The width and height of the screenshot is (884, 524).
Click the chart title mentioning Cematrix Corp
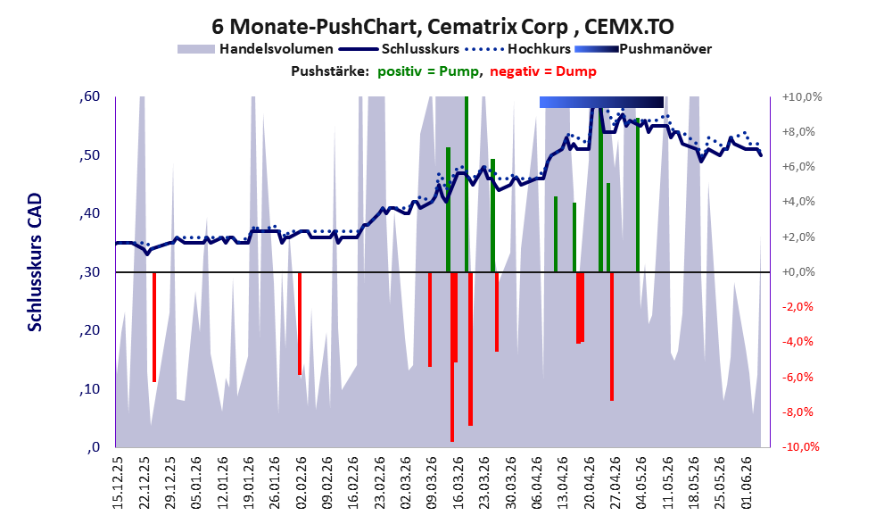pyautogui.click(x=442, y=26)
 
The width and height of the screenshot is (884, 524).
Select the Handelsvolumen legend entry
pyautogui.click(x=255, y=49)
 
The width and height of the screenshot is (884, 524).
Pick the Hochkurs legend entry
pyautogui.click(x=518, y=49)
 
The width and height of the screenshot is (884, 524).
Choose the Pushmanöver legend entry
pyautogui.click(x=643, y=49)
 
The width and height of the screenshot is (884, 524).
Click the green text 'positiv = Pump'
pyautogui.click(x=428, y=71)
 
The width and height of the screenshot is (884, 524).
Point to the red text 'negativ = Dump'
pyautogui.click(x=543, y=71)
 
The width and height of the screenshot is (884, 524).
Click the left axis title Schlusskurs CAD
pyautogui.click(x=35, y=262)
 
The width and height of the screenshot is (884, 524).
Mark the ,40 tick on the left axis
pyautogui.click(x=90, y=213)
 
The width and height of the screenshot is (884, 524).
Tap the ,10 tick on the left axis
pyautogui.click(x=90, y=388)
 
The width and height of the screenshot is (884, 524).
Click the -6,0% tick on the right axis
pyautogui.click(x=797, y=377)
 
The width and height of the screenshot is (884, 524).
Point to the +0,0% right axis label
pyautogui.click(x=798, y=272)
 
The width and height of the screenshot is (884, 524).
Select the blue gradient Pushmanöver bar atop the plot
pyautogui.click(x=601, y=102)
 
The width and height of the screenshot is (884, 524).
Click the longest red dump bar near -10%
pyautogui.click(x=452, y=356)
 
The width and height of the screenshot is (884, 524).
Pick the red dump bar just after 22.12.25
pyautogui.click(x=154, y=327)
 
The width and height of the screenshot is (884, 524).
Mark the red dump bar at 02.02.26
pyautogui.click(x=300, y=324)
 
